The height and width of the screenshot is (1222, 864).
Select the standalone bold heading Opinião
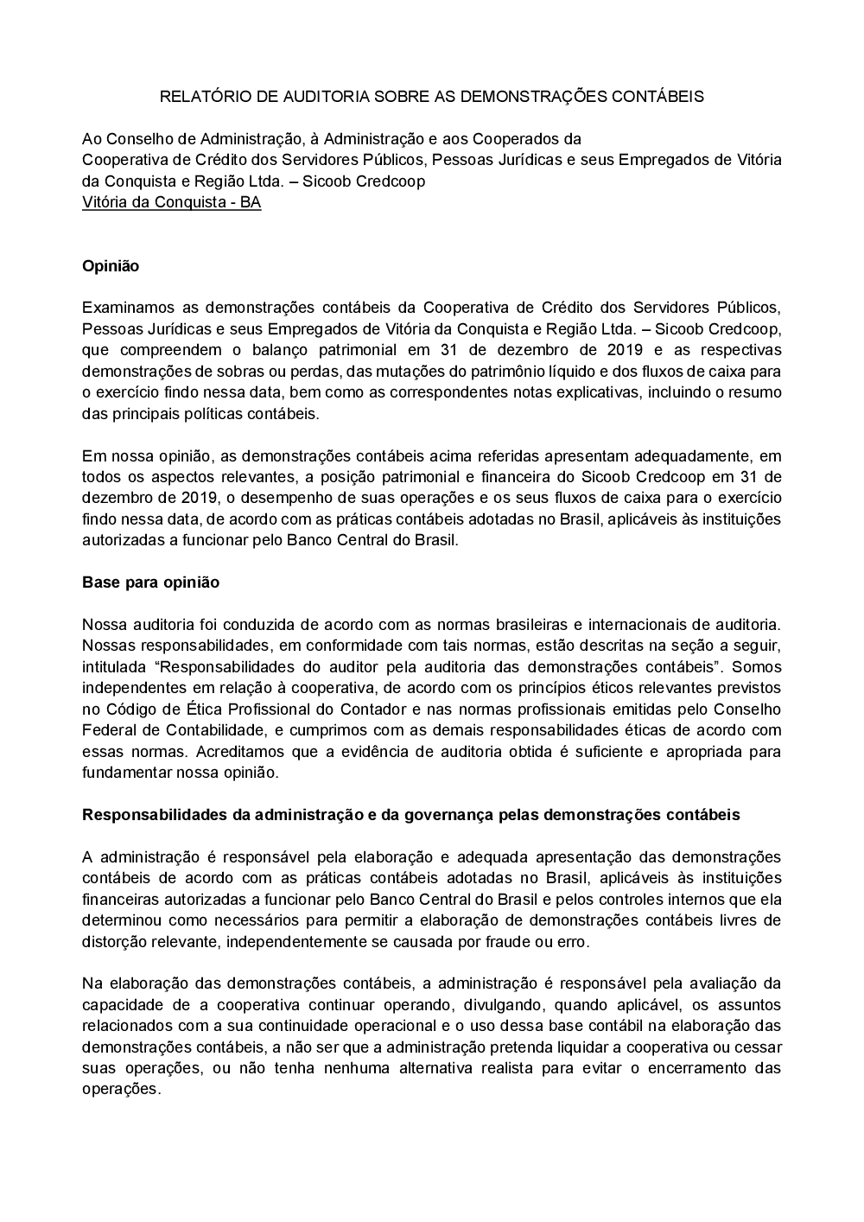tap(111, 266)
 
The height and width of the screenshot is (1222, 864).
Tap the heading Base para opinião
tap(150, 582)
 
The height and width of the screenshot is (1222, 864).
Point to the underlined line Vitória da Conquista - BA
tap(171, 202)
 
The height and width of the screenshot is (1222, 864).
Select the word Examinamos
tap(124, 308)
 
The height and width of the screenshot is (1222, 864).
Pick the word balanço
tap(300, 350)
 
